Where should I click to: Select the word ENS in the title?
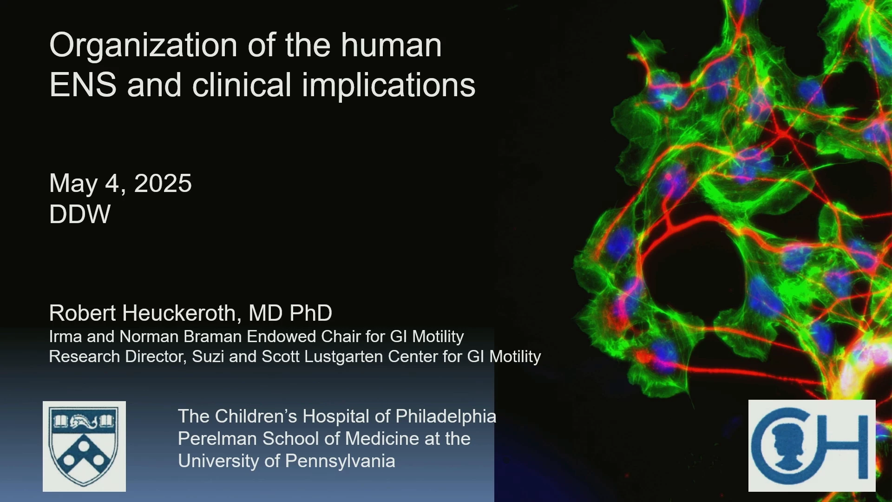click(83, 85)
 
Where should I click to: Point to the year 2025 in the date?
click(163, 183)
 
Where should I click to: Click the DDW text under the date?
click(80, 214)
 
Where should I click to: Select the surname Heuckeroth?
click(182, 313)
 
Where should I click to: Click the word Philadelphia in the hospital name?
click(446, 417)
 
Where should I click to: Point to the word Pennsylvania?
click(340, 461)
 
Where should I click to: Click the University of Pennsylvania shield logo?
click(84, 446)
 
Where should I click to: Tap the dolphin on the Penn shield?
click(84, 422)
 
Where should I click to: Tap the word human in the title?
click(392, 46)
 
